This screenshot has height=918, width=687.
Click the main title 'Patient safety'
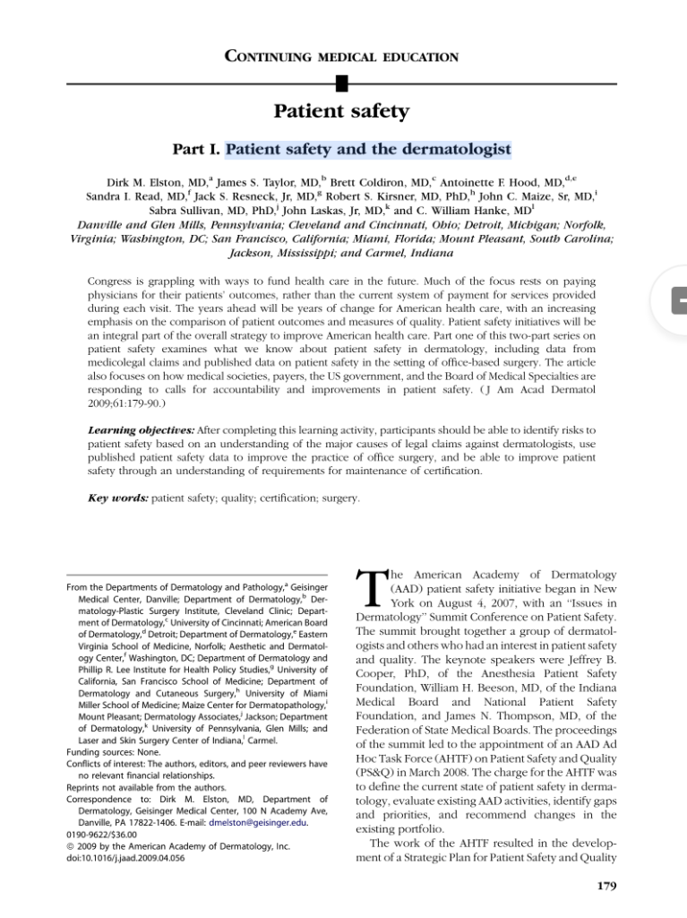tap(341, 112)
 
